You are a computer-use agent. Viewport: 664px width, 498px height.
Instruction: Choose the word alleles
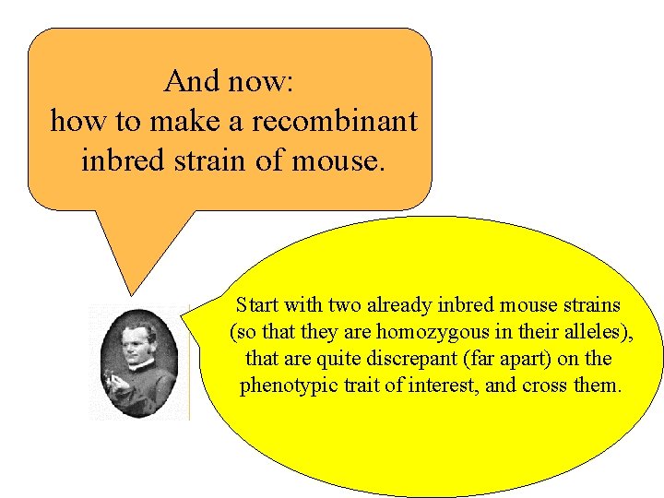pyautogui.click(x=598, y=331)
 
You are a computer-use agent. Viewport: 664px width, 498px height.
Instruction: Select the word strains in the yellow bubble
pyautogui.click(x=595, y=304)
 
